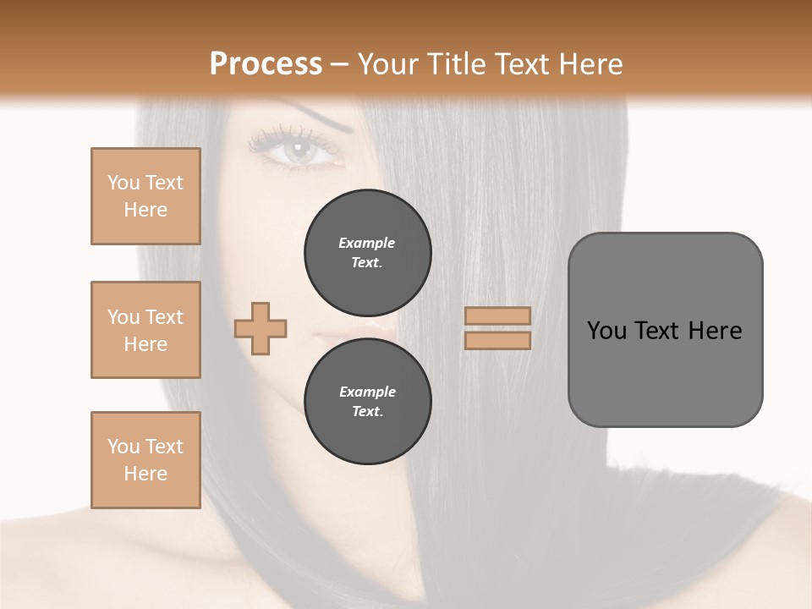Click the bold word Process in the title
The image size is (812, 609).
pos(266,64)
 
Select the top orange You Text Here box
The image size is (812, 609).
pos(145,196)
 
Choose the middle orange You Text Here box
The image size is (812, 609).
pos(145,330)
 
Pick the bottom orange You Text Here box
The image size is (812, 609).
pos(145,460)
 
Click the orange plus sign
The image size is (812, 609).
pos(261,328)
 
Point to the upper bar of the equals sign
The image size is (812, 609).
pos(497,315)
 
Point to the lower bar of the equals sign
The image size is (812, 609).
pos(497,341)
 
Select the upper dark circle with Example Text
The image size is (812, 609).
pos(367,253)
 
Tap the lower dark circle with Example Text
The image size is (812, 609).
pos(367,402)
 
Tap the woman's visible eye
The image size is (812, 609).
pos(298,151)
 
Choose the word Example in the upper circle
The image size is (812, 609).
pos(367,243)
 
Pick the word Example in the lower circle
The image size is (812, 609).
pos(367,392)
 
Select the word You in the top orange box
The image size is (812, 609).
pos(123,183)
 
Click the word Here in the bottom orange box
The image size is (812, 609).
pos(145,474)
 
